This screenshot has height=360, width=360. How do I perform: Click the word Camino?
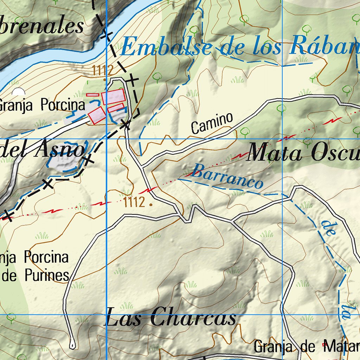pyautogui.click(x=212, y=123)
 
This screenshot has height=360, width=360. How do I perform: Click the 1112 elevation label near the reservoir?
pyautogui.click(x=103, y=71)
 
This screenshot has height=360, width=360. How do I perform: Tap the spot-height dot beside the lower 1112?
pyautogui.click(x=151, y=204)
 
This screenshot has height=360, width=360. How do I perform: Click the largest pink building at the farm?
pyautogui.click(x=114, y=97)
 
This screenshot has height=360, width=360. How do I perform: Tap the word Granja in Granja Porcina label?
pyautogui.click(x=17, y=105)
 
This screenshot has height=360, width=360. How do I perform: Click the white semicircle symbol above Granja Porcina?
pyautogui.click(x=18, y=92)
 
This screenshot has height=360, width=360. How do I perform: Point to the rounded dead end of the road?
pyautogui.click(x=72, y=346)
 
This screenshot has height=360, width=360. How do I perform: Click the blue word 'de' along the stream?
pyautogui.click(x=327, y=229)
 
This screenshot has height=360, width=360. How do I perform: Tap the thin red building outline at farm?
pyautogui.click(x=92, y=95)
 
